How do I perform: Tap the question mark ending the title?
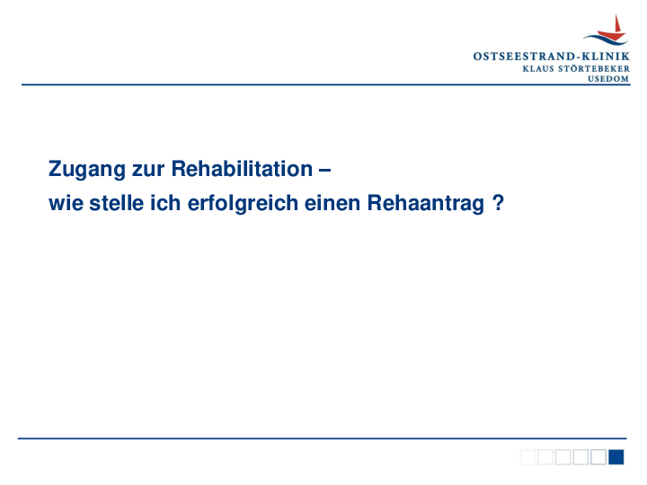[497, 203]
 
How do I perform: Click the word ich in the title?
[162, 203]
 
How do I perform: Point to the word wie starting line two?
[64, 203]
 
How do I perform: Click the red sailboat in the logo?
[615, 27]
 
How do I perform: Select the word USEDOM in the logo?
[608, 78]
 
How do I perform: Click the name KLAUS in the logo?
[538, 67]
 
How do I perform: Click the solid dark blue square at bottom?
[616, 457]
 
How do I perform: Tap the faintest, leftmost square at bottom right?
[527, 457]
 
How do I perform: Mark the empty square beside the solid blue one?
[598, 457]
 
